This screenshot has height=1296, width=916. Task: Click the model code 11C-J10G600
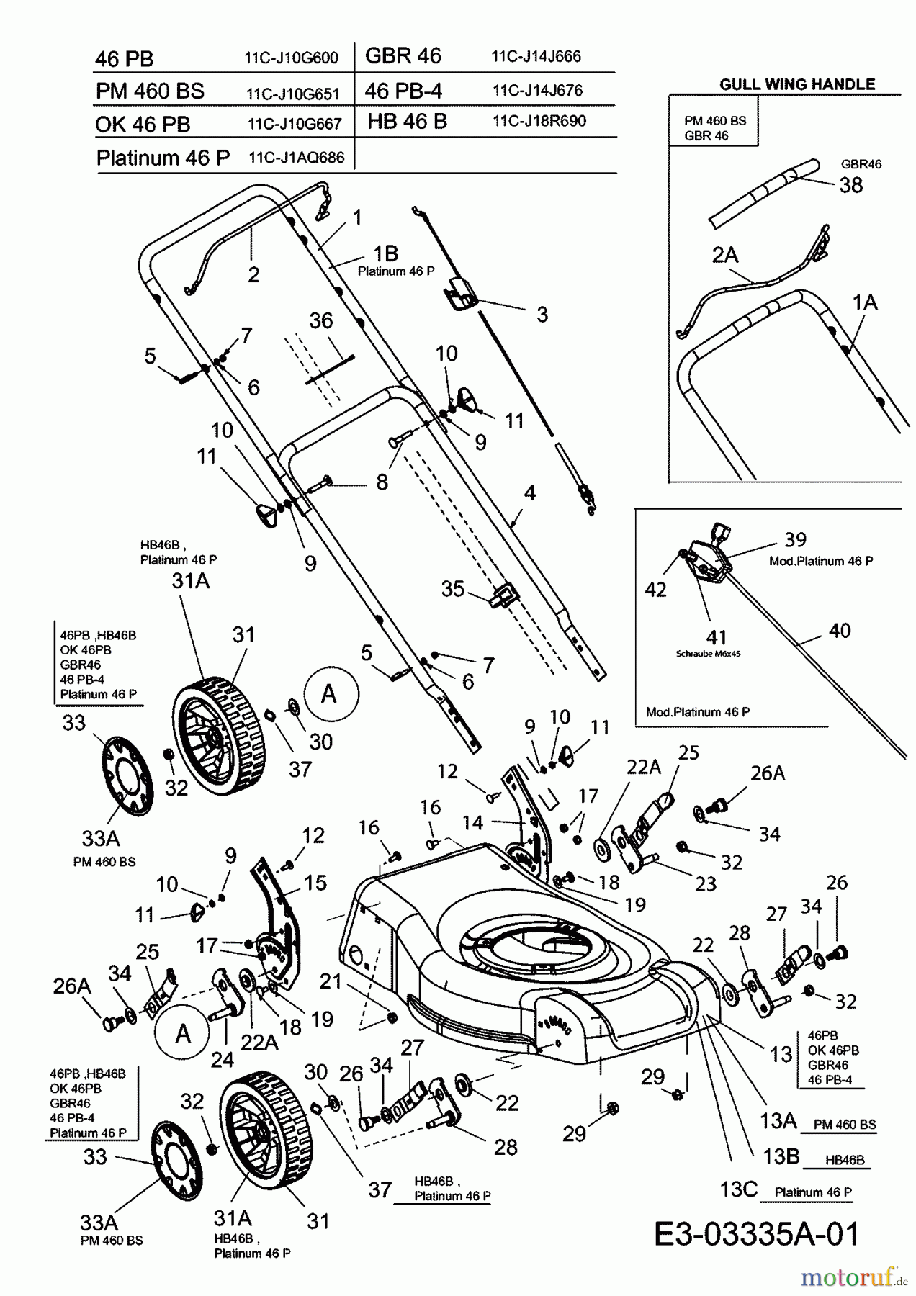point(291,59)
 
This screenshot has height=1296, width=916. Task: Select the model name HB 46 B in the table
point(407,122)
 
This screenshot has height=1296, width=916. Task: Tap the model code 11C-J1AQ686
point(296,158)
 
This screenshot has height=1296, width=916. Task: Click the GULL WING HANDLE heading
point(797,84)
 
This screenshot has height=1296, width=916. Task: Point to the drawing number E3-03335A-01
point(757,1233)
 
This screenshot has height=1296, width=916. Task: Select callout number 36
point(320,320)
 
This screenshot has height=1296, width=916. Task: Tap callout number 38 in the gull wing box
point(850,185)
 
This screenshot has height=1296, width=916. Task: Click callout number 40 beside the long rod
point(840,631)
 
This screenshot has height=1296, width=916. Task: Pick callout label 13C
point(739,1189)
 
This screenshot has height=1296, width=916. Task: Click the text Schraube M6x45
point(708,654)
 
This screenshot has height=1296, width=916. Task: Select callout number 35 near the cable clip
point(452,588)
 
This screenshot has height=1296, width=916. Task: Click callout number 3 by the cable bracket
point(542,315)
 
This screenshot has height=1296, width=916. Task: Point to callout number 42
point(655,590)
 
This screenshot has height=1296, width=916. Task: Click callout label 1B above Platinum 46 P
point(385,253)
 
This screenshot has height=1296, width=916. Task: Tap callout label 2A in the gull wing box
point(725,255)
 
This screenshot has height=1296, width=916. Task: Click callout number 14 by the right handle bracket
point(472,822)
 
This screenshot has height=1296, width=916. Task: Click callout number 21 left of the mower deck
point(331,981)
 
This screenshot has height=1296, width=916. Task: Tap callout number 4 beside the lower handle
point(530,492)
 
